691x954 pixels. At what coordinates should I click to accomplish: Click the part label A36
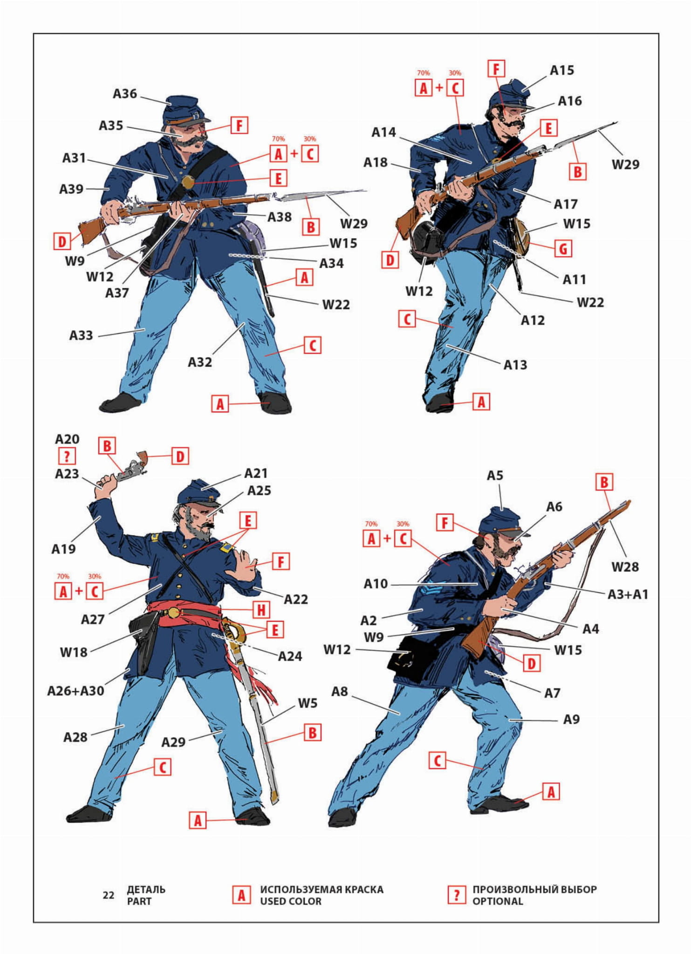125,94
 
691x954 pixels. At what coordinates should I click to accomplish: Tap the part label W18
74,652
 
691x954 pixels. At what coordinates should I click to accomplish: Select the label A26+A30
75,691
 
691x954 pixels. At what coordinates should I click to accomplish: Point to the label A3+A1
628,594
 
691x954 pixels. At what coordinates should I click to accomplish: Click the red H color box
261,610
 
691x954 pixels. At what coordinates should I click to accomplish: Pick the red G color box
563,249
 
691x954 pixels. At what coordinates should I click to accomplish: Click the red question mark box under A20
67,456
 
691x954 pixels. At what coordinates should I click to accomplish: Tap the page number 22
109,895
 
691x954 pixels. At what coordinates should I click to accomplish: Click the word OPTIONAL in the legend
498,901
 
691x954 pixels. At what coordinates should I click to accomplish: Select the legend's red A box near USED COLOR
241,895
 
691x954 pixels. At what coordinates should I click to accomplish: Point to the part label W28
625,567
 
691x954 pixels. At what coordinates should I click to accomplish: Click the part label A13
515,365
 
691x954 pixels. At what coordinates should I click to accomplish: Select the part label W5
308,703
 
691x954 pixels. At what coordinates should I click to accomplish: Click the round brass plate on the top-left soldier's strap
188,182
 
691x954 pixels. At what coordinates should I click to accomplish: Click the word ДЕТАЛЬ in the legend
146,889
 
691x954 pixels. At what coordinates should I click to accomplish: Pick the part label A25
259,491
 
